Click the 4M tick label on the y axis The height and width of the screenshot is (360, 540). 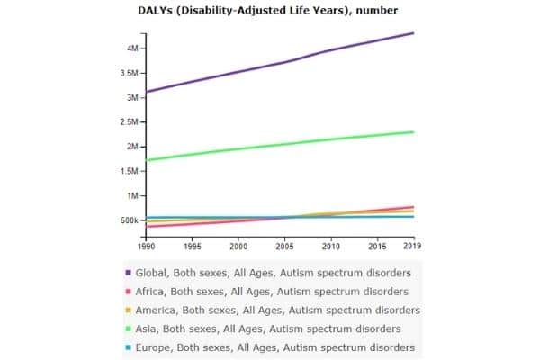click(131, 48)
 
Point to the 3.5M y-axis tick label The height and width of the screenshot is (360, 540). click(128, 73)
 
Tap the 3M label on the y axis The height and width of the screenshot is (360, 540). click(131, 97)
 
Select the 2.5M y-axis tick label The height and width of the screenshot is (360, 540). click(128, 121)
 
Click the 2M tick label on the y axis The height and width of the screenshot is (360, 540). click(131, 147)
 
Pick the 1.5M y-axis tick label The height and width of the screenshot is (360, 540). click(128, 171)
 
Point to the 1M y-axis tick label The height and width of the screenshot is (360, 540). click(131, 195)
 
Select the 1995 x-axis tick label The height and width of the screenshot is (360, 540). click(192, 245)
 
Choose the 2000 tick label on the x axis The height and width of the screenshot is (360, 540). click(238, 245)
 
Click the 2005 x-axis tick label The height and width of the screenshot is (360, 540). click(284, 245)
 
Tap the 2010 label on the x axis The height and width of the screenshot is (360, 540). click(330, 245)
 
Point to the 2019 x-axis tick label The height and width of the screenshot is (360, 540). click(413, 245)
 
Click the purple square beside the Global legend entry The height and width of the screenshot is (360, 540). click(130, 273)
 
